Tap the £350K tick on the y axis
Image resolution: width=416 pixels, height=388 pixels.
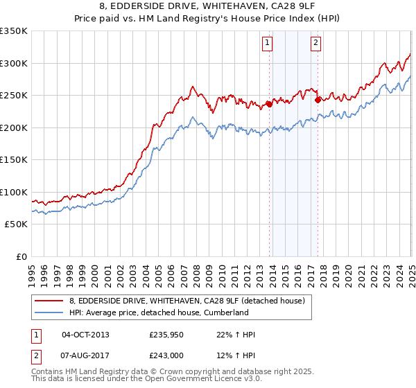click(x=14, y=31)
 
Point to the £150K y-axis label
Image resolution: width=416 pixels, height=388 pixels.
click(x=14, y=160)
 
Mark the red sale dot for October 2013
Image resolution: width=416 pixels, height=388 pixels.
click(x=269, y=105)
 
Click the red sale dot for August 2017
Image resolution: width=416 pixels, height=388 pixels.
click(x=318, y=100)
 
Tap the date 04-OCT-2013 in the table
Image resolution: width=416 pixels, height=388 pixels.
click(x=85, y=335)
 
